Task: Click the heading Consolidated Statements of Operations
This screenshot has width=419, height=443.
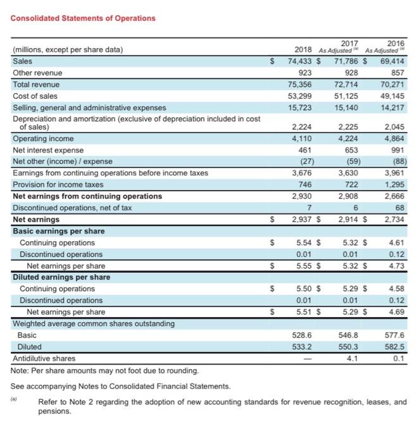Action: point(83,18)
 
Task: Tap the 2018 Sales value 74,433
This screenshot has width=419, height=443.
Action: point(301,62)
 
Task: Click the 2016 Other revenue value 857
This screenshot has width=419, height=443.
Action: point(397,73)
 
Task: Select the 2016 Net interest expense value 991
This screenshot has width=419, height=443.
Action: point(397,150)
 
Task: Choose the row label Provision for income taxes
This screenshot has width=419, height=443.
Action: point(58,184)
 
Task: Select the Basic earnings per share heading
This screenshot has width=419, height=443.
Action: point(59,231)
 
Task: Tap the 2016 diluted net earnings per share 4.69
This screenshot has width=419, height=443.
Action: point(396,312)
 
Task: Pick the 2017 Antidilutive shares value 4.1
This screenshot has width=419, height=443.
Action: point(353,358)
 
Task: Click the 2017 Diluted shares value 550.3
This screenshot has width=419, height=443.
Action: point(350,347)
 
